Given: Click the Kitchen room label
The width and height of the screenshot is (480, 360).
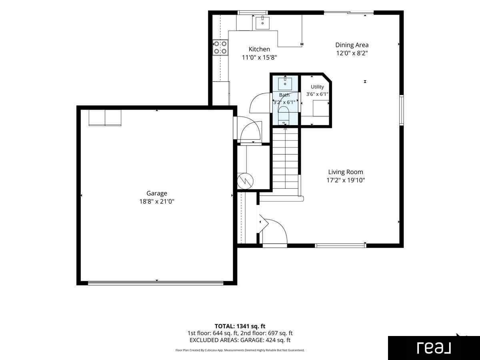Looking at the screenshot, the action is coord(259,49).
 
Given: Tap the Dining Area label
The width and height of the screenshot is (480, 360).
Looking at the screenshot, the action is coord(352,45).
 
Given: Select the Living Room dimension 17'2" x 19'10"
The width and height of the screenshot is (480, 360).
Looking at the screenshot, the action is coord(346,180).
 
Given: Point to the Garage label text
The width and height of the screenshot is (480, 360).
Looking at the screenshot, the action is coord(156,194).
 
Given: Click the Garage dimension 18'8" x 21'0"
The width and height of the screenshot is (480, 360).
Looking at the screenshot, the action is coord(157,201).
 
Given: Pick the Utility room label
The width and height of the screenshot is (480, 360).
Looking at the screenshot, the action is coord(317,87).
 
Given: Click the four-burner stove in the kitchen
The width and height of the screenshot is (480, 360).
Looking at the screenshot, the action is coord(220,47).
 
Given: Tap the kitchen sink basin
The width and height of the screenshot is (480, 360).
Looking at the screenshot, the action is coord(262,22).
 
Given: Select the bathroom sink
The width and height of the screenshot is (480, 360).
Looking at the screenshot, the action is coord(285,83).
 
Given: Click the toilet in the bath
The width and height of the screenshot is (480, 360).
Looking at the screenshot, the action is coord(284,115).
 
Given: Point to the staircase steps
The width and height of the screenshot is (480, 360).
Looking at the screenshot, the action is coord(285,158).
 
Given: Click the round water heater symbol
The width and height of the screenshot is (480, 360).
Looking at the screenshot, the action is coord(245,181).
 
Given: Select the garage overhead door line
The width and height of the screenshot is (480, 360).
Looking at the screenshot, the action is coord(156,283).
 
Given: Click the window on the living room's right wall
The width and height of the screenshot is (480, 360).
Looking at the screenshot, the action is coord(402,110).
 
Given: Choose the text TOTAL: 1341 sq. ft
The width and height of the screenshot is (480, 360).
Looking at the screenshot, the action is coord(240,326).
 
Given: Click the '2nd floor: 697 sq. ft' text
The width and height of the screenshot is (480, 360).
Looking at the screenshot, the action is coord(266,333).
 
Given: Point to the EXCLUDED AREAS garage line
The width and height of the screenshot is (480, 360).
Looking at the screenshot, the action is coord(240,340).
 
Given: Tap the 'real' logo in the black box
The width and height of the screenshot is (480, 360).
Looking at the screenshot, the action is coord(434,348).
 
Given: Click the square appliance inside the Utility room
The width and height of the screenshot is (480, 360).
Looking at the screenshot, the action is coord(321,108).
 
